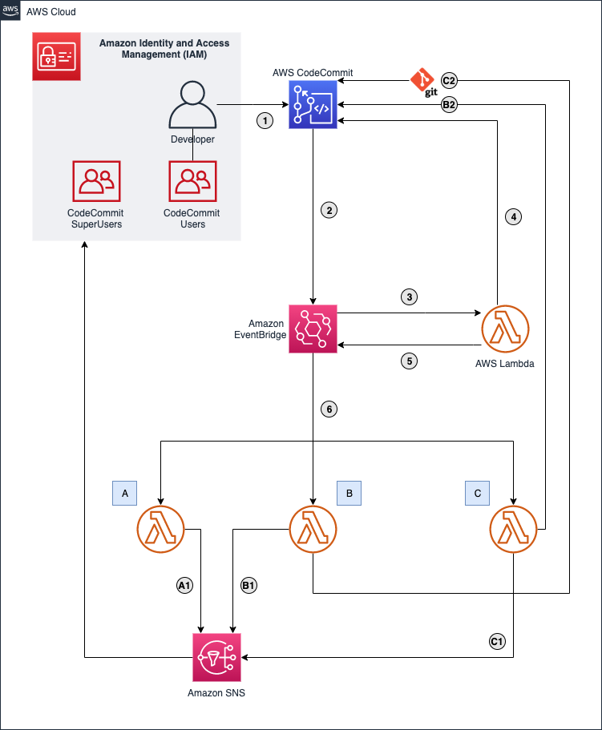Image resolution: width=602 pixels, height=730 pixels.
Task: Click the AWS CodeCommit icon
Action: click(x=313, y=105)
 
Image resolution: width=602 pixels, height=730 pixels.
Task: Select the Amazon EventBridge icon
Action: click(x=313, y=329)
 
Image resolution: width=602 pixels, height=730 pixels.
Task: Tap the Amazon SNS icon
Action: click(x=217, y=657)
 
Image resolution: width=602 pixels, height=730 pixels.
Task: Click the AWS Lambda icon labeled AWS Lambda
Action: click(x=505, y=329)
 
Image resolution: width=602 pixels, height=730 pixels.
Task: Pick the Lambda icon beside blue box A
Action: click(x=161, y=530)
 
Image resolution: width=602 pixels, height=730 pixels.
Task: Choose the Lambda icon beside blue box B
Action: click(x=313, y=530)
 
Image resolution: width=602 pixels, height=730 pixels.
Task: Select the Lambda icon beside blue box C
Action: click(x=513, y=530)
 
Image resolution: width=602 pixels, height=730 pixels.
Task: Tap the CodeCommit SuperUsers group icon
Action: click(x=96, y=181)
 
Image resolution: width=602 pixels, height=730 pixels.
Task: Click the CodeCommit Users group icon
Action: click(x=192, y=181)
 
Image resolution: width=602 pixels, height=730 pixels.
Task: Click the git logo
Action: click(x=423, y=83)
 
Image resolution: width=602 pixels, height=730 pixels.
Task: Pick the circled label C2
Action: click(x=449, y=80)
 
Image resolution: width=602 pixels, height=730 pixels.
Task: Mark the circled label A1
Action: click(x=184, y=586)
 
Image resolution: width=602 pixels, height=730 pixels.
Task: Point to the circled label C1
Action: click(x=497, y=641)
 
